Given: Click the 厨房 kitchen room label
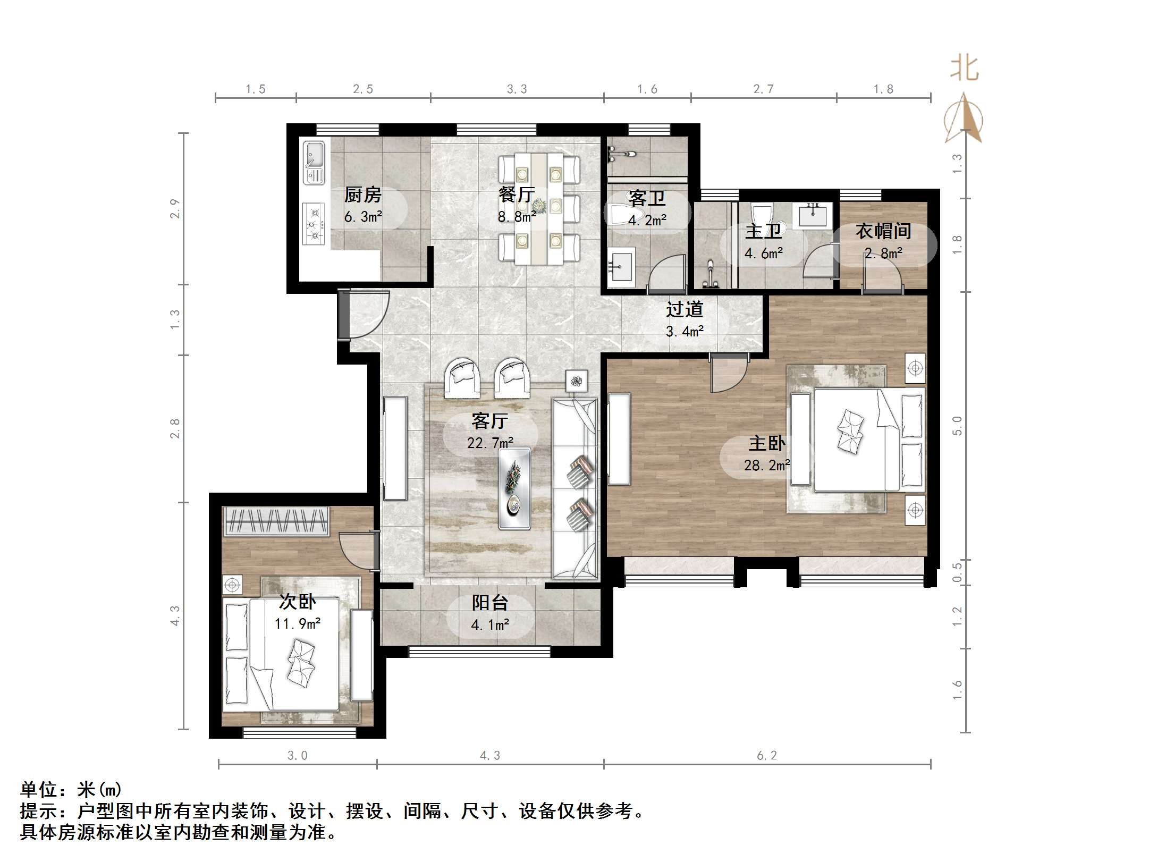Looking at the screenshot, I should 363,195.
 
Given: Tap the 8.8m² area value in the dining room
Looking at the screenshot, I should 517,217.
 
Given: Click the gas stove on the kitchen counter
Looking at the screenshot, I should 314,224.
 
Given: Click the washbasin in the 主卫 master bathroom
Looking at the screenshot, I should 813,215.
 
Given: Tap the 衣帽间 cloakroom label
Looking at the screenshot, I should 883,231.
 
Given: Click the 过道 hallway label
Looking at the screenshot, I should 685,309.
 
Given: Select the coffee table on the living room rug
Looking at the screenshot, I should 514,488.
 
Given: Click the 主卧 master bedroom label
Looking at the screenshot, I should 766,443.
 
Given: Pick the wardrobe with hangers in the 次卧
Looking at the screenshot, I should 276,521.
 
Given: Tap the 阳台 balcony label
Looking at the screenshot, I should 490,603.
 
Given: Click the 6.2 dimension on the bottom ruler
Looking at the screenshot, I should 767,755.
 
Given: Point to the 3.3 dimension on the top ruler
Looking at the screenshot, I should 517,89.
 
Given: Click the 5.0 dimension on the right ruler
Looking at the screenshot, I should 957,426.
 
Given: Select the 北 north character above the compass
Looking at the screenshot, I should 964,69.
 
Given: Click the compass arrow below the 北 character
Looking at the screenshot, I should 964,120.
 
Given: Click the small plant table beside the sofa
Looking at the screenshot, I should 577,381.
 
